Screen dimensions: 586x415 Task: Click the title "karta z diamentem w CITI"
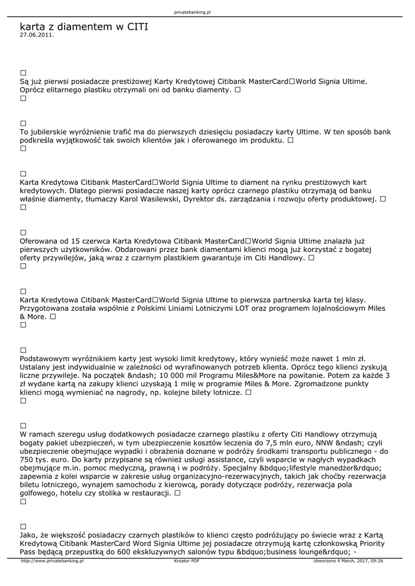[x=84, y=26]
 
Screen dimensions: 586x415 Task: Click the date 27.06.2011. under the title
[x=37, y=34]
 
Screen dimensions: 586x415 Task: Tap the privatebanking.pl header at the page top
[x=192, y=12]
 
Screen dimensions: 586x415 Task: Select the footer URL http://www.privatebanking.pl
[x=52, y=561]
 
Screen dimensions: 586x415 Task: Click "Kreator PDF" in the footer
[x=187, y=561]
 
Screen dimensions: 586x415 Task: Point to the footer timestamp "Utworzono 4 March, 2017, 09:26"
[x=348, y=561]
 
